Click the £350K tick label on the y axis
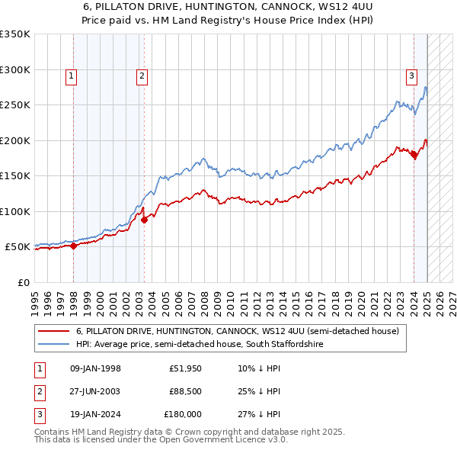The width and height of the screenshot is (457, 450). pyautogui.click(x=15, y=34)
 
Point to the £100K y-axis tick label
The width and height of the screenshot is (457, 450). pyautogui.click(x=15, y=211)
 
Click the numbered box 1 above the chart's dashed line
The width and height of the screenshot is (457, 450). pyautogui.click(x=71, y=76)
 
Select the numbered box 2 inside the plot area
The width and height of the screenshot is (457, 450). pyautogui.click(x=142, y=76)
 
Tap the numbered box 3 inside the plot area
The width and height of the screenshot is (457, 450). pyautogui.click(x=411, y=76)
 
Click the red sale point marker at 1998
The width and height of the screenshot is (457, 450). pyautogui.click(x=74, y=246)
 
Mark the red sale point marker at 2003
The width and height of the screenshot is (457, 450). pyautogui.click(x=144, y=220)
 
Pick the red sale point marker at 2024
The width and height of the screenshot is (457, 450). pyautogui.click(x=414, y=155)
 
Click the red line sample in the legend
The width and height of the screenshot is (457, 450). pyautogui.click(x=53, y=332)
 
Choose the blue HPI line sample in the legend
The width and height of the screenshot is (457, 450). pyautogui.click(x=53, y=345)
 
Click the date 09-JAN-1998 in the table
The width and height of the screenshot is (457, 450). pyautogui.click(x=95, y=369)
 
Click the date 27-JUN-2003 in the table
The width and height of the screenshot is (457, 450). pyautogui.click(x=95, y=391)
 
